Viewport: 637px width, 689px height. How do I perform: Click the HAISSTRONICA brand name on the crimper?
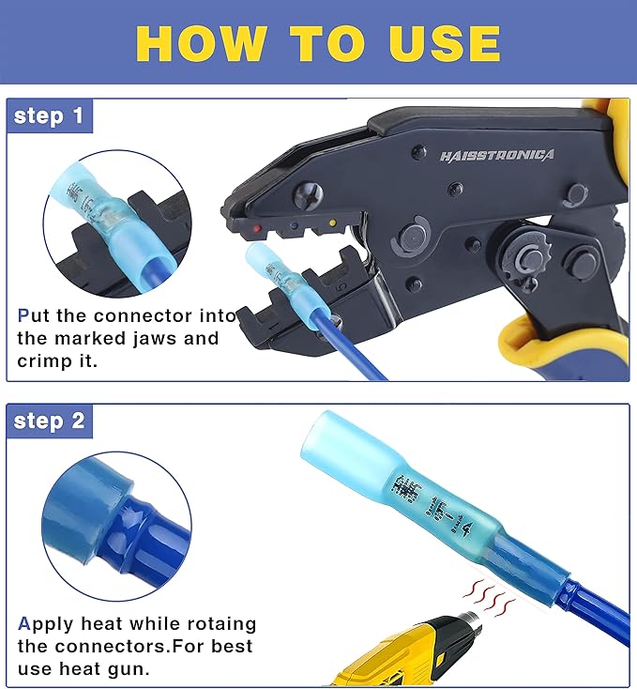pyautogui.click(x=496, y=155)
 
